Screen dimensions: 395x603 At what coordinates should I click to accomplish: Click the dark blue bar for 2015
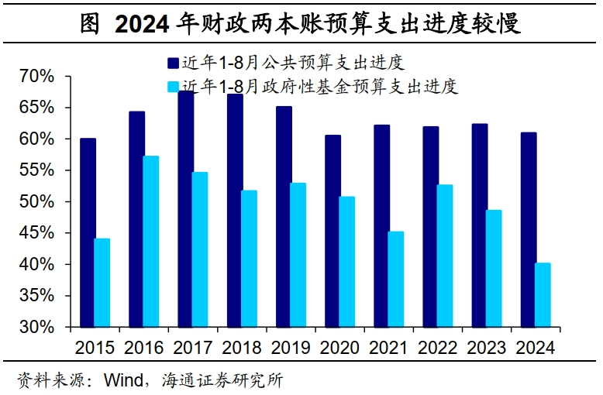pos(88,232)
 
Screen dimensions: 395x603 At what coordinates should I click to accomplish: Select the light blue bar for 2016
pos(151,242)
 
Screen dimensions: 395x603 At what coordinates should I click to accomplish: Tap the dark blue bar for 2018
pos(235,211)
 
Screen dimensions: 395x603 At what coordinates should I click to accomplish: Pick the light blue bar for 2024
pos(543,295)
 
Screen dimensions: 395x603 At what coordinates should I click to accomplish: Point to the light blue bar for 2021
pos(396,279)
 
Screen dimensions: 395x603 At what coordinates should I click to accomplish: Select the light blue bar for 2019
pos(298,255)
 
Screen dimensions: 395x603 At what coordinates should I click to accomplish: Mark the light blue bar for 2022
pos(445,256)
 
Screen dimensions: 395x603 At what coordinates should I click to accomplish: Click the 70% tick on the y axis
pos(37,77)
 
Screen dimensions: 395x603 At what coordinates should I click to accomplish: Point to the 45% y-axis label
pos(37,233)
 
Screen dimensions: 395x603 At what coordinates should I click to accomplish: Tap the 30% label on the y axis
pos(37,327)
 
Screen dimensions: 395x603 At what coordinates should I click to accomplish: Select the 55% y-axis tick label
pos(37,170)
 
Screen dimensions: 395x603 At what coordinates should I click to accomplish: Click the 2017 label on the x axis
pos(192,348)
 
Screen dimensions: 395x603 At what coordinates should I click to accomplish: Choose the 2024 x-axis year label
pos(535,348)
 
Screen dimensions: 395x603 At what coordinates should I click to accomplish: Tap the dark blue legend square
pos(172,63)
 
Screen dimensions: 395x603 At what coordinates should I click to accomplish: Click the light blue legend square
pos(172,86)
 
